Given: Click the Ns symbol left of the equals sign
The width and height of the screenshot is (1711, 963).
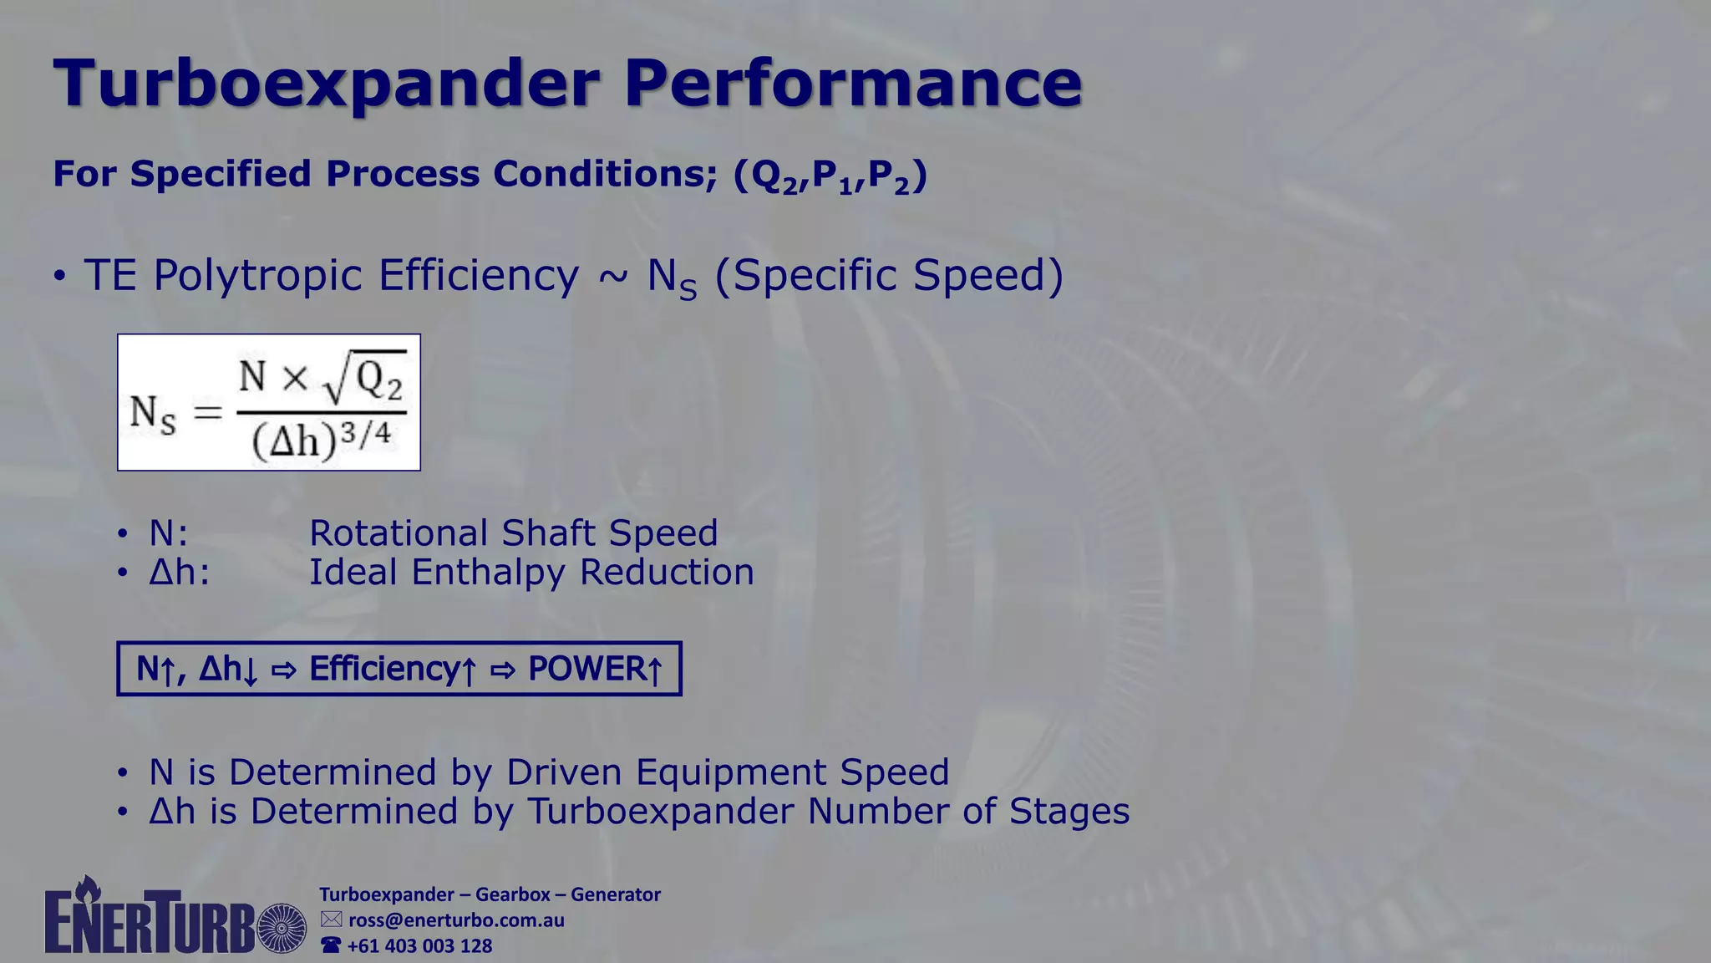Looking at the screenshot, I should click(153, 414).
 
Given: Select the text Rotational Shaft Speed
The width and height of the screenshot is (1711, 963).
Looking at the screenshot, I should click(513, 533).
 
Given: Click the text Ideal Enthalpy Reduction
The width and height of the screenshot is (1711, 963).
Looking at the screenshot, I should click(531, 573).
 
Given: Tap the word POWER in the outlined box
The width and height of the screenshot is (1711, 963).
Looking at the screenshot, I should click(584, 669).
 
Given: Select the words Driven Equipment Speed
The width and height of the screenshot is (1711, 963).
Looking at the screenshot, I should click(727, 772).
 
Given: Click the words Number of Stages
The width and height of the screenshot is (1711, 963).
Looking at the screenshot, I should click(968, 812).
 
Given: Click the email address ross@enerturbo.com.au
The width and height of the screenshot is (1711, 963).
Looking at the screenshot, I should click(456, 920).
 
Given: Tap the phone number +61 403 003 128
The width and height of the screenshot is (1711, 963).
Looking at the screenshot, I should click(419, 946).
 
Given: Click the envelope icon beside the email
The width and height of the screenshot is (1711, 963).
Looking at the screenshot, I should click(332, 920).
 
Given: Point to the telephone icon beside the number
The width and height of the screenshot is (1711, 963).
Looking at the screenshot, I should click(332, 945).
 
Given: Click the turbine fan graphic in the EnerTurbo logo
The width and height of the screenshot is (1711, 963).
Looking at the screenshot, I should click(282, 928).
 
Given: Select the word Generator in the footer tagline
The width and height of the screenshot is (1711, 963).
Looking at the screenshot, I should click(616, 894).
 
